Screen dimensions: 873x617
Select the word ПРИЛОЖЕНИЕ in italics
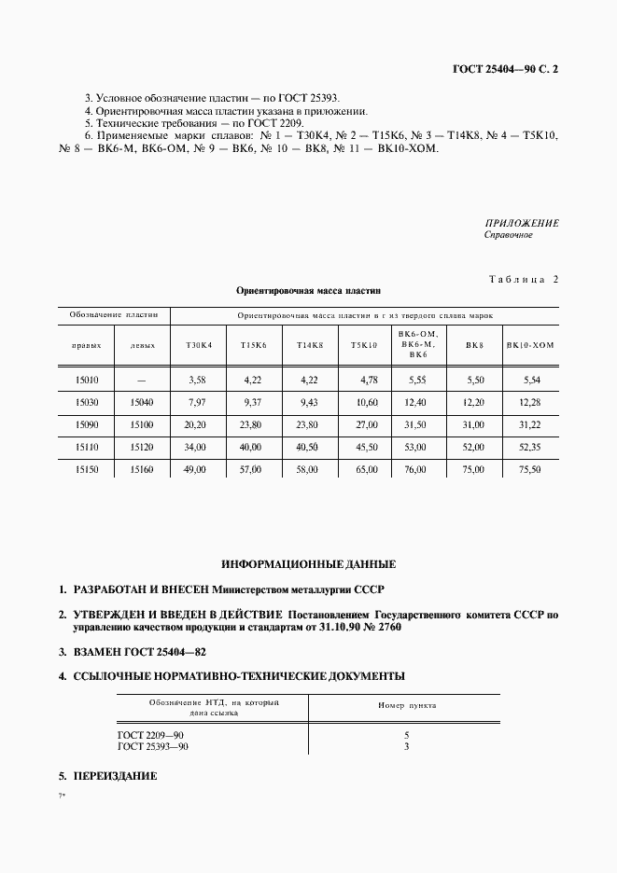[522, 224]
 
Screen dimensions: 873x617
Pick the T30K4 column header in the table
[198, 345]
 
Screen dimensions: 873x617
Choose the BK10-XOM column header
[530, 345]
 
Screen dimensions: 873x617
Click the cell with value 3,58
[196, 380]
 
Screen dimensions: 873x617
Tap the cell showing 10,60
[366, 402]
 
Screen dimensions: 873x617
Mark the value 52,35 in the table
[529, 447]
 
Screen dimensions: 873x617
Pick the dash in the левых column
[141, 380]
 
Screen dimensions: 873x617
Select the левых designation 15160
[141, 469]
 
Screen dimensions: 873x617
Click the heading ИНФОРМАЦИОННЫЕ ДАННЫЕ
[308, 565]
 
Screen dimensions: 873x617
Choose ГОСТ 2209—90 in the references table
[150, 736]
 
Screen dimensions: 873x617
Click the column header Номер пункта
[406, 706]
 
